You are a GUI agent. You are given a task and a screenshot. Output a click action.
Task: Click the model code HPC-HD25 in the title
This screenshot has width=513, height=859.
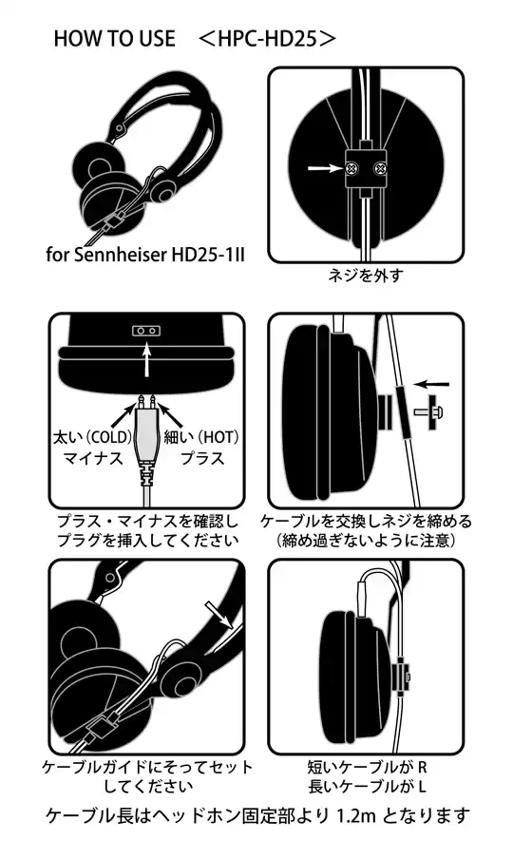pos(268,39)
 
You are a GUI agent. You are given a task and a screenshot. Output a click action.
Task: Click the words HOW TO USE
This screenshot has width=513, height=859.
pos(114,39)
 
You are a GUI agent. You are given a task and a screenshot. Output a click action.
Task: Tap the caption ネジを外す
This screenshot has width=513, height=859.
pos(364,277)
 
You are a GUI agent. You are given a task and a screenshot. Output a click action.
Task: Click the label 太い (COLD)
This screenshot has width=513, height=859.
pos(83,438)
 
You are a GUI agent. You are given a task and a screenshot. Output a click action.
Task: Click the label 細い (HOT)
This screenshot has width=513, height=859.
pos(202,438)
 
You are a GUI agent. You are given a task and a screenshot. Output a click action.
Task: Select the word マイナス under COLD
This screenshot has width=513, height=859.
pos(86,459)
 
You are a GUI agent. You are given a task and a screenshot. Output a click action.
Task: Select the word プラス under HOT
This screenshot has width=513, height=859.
pos(201,459)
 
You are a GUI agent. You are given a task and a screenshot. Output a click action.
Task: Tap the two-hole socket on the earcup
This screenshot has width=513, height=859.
pos(146,330)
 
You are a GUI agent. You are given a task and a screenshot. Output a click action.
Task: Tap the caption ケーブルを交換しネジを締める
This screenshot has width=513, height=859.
pos(366,522)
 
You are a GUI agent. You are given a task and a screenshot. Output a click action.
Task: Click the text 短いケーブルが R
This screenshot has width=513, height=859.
pos(366,766)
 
